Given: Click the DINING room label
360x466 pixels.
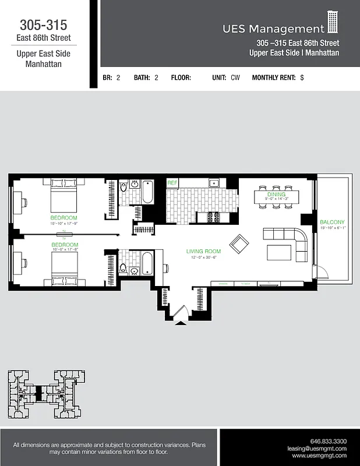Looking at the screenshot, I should [x=276, y=194].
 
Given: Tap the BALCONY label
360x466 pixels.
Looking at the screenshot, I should [x=333, y=222].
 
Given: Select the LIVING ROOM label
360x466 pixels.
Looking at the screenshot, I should [x=202, y=251].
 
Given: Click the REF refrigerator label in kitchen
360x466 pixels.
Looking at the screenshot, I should [x=172, y=183].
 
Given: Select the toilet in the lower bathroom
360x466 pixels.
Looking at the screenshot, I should [x=123, y=269].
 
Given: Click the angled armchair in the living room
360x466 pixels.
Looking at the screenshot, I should [x=239, y=243].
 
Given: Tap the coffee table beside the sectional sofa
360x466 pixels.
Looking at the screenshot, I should [x=280, y=252].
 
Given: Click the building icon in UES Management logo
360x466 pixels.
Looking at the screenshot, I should [x=333, y=22].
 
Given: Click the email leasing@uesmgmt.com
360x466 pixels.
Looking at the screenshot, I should [x=317, y=449].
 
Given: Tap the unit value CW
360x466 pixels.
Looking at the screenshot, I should [x=235, y=77].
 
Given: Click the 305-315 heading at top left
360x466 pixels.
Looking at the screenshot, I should [x=44, y=25].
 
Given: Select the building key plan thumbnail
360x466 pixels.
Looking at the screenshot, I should [x=45, y=394].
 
